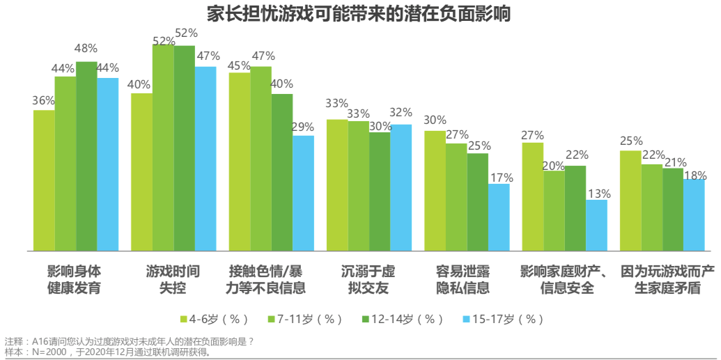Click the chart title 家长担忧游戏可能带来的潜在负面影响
click(x=359, y=13)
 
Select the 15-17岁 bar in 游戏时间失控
click(x=206, y=159)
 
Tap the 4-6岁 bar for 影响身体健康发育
click(x=44, y=180)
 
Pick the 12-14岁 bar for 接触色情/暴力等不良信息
click(x=282, y=172)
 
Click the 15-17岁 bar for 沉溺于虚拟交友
click(x=401, y=187)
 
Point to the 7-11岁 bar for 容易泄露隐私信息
click(x=456, y=197)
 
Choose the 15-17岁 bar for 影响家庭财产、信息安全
click(x=596, y=226)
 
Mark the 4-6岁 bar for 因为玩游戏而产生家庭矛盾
click(x=630, y=201)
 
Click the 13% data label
click(x=598, y=194)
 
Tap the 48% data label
click(x=86, y=49)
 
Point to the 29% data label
click(x=302, y=127)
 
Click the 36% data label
click(x=43, y=100)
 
